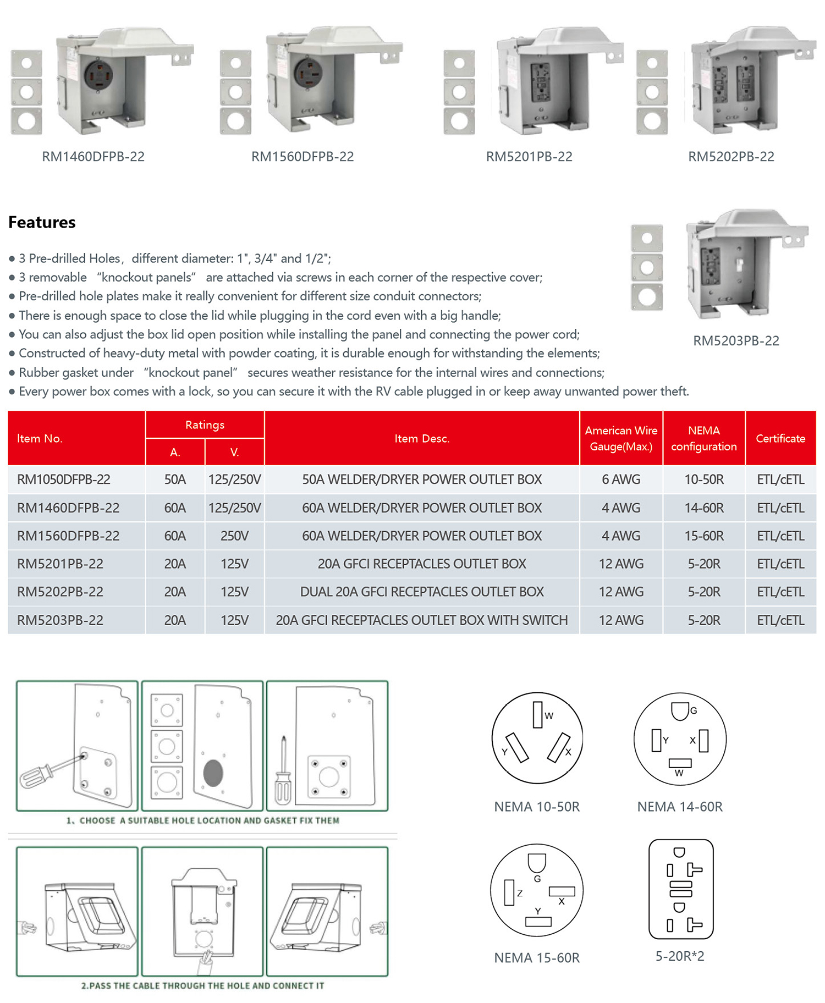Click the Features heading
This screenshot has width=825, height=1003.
tap(42, 222)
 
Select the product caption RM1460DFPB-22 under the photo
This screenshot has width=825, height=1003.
tap(93, 157)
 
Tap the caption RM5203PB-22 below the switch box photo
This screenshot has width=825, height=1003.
tap(736, 341)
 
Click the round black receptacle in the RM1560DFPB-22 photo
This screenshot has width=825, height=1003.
tap(309, 74)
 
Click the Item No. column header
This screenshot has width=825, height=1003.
tap(40, 438)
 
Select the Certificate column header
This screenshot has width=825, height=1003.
tap(780, 438)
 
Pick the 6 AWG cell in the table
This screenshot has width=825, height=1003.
tap(621, 480)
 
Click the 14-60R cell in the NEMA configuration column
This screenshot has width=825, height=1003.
tap(703, 508)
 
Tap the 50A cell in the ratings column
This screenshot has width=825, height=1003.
tap(175, 480)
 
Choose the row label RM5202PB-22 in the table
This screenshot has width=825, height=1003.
tap(60, 592)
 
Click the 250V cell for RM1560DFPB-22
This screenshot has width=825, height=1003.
tap(234, 536)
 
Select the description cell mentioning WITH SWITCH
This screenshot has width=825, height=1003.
tap(422, 620)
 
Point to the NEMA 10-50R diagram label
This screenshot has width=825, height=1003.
tap(537, 807)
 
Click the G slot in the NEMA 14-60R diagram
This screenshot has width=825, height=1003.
tap(680, 711)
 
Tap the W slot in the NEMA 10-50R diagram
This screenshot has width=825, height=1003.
tap(537, 715)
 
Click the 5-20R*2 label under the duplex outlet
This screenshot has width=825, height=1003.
tap(680, 956)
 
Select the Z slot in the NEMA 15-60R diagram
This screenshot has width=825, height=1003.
tap(509, 892)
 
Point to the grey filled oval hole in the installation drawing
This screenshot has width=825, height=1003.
tap(213, 773)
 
